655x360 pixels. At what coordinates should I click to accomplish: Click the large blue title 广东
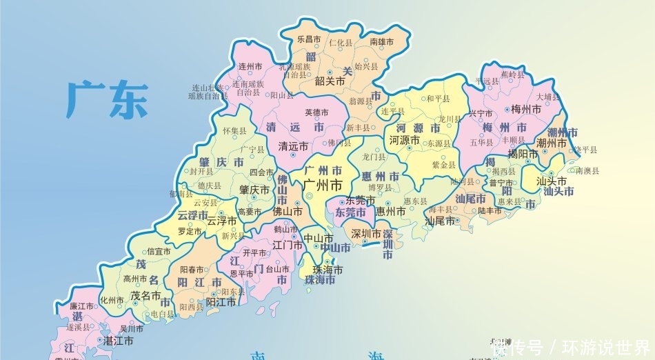107,100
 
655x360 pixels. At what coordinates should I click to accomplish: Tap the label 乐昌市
309,39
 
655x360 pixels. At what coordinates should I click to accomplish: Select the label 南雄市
381,42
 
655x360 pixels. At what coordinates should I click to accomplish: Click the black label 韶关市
330,81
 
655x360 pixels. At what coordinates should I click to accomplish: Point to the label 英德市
316,112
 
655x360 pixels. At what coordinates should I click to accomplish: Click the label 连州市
250,67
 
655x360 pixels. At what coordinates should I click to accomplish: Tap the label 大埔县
548,97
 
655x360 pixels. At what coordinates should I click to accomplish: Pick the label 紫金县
443,165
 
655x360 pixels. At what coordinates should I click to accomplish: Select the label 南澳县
587,170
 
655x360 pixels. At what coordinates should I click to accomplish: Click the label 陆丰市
490,210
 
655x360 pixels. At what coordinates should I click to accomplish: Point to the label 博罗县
380,187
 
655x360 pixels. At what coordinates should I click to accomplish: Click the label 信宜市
158,252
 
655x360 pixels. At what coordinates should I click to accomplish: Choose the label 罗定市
190,232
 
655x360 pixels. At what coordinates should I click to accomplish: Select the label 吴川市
131,328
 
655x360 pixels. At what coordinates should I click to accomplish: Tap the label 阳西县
192,307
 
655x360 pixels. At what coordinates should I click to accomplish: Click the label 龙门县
374,157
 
